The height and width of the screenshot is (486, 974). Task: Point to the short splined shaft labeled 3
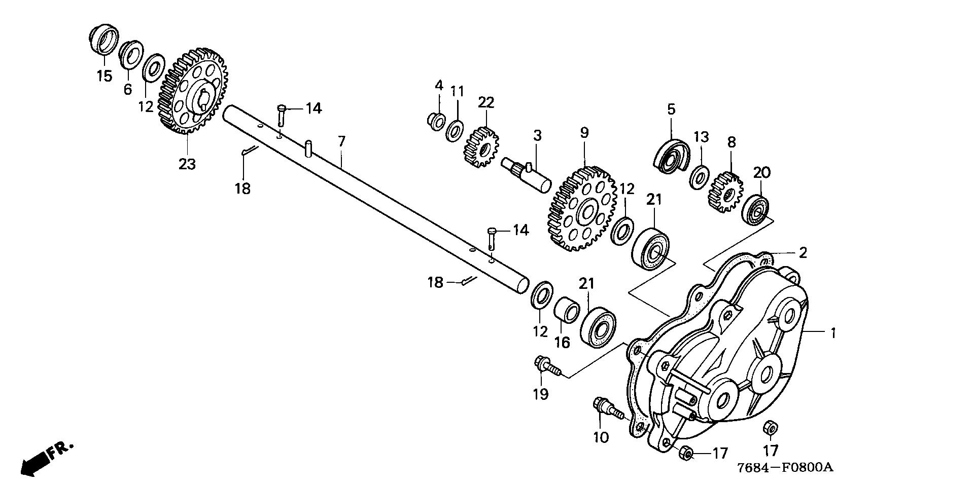526,174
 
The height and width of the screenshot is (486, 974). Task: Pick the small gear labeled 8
725,193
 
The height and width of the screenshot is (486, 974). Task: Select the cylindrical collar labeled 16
567,310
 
